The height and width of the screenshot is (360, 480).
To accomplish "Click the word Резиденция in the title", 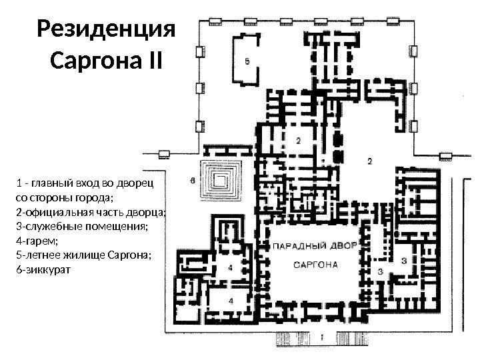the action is [106, 29].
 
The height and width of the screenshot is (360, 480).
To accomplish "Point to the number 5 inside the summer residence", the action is [247, 61].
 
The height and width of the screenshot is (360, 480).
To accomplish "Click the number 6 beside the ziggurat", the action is [193, 181].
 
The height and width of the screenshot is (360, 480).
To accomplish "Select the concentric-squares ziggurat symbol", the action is [220, 181].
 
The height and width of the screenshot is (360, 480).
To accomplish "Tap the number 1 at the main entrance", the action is [322, 337].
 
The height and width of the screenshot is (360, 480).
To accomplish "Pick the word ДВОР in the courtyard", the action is [344, 245].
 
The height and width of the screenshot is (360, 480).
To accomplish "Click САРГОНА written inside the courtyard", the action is [315, 265].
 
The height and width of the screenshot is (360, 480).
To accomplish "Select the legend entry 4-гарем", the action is [37, 241].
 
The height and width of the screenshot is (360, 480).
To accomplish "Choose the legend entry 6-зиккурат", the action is [43, 270].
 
